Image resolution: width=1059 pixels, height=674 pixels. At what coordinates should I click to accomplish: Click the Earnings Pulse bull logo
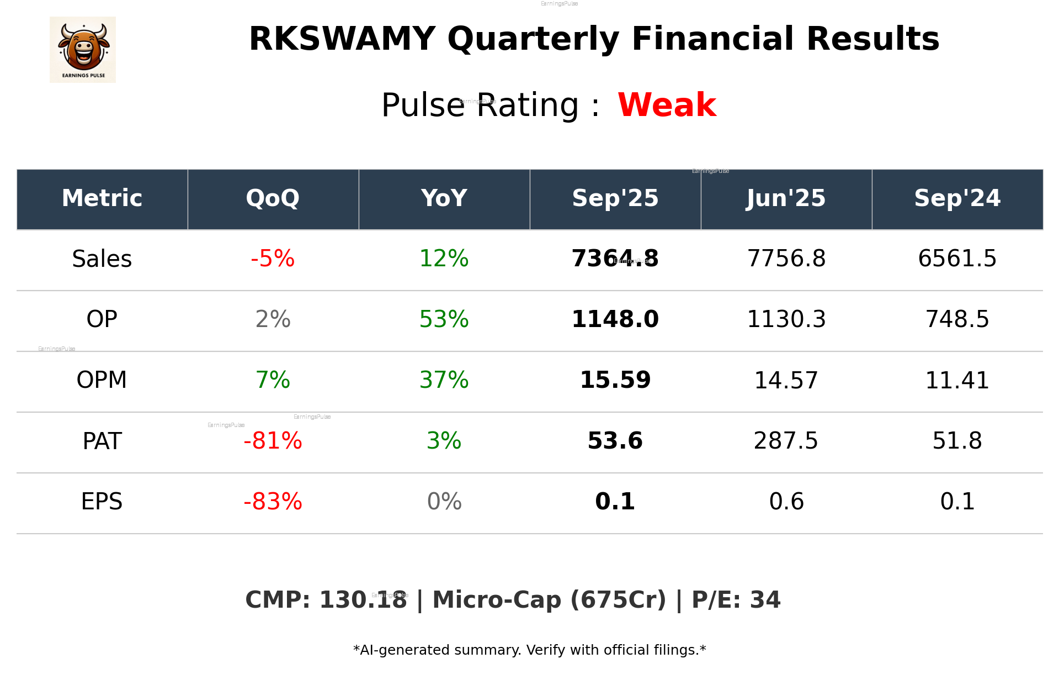(x=83, y=50)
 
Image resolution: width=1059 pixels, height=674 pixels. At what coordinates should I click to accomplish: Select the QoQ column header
(x=273, y=198)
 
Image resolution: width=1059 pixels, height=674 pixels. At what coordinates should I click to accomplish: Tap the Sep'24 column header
(x=957, y=198)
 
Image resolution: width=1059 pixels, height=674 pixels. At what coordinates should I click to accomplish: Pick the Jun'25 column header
(x=786, y=198)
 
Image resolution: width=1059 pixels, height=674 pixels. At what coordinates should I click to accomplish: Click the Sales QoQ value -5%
(x=273, y=259)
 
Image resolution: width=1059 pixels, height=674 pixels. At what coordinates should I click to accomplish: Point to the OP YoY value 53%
(x=444, y=319)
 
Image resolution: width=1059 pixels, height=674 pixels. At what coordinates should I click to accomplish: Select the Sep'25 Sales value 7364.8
(x=615, y=259)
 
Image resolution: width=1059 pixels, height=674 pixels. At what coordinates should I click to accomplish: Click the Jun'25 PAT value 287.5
(x=786, y=441)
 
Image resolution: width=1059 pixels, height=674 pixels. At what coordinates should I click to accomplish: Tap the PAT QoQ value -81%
(x=273, y=441)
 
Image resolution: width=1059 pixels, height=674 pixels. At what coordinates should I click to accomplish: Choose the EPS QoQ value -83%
(x=273, y=502)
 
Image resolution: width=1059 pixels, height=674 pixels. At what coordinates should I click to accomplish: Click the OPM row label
(x=102, y=380)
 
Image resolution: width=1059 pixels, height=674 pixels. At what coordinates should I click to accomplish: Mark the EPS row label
(x=102, y=502)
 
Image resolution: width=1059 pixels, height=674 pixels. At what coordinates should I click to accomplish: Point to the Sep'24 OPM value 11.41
(x=957, y=380)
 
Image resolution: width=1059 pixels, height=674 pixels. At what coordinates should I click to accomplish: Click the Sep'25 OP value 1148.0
(x=615, y=319)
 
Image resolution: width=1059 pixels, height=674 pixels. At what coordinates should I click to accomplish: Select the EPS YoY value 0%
(x=444, y=502)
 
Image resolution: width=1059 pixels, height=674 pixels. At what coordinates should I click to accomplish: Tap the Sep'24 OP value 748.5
(x=957, y=319)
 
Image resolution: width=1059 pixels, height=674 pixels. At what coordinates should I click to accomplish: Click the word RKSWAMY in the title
(x=342, y=39)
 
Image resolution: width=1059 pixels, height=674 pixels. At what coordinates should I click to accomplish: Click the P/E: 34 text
(x=736, y=600)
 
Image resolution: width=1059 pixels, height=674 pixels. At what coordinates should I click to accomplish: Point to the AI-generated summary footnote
(x=529, y=650)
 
